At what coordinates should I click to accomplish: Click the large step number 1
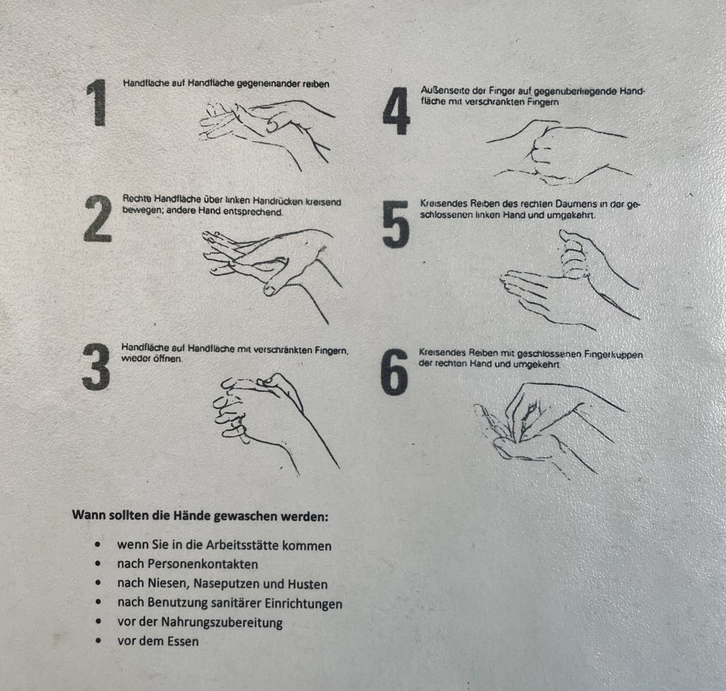pyautogui.click(x=97, y=102)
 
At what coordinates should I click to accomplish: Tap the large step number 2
pyautogui.click(x=98, y=218)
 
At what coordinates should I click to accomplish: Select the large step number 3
pyautogui.click(x=96, y=367)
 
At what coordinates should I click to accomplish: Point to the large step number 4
pyautogui.click(x=396, y=111)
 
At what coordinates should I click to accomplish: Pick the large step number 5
pyautogui.click(x=396, y=224)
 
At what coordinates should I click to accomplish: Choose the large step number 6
pyautogui.click(x=394, y=372)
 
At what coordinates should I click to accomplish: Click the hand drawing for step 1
pyautogui.click(x=267, y=134)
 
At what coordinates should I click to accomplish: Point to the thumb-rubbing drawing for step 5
pyautogui.click(x=570, y=280)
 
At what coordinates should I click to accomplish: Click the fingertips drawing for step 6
pyautogui.click(x=549, y=429)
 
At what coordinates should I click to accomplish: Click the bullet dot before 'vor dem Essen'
pyautogui.click(x=98, y=641)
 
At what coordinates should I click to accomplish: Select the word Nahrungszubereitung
pyautogui.click(x=222, y=622)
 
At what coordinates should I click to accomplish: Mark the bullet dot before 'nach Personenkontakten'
pyautogui.click(x=98, y=563)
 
